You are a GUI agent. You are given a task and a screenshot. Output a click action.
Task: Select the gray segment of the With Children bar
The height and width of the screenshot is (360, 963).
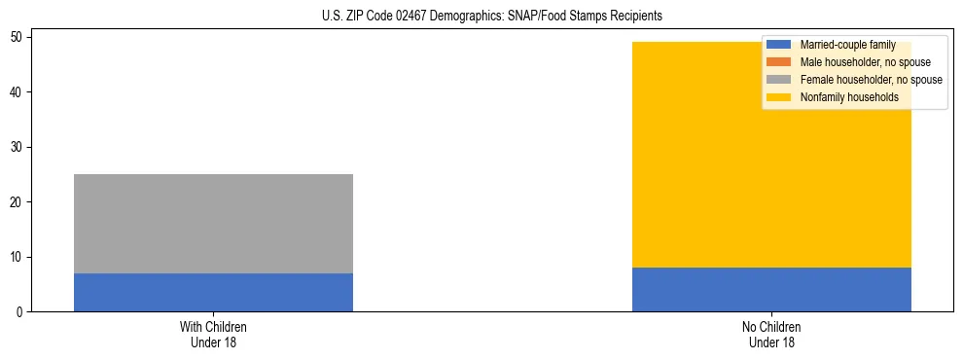[x=213, y=224]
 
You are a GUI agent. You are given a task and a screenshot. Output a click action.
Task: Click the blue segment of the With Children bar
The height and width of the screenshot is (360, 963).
[x=213, y=292]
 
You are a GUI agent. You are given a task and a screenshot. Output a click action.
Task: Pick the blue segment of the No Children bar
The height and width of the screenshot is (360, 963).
[x=771, y=289]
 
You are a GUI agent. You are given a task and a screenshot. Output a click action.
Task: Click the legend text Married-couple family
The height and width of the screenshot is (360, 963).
[x=847, y=45]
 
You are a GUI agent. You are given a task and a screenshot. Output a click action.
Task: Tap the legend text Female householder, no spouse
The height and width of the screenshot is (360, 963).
[x=871, y=80]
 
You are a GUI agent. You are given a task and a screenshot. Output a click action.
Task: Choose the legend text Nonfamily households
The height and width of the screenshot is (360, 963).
[x=849, y=97]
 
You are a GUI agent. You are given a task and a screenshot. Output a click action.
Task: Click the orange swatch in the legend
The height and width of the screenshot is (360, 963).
[x=779, y=62]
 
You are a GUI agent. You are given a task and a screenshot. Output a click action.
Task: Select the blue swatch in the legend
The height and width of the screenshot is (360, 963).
[x=779, y=45]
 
